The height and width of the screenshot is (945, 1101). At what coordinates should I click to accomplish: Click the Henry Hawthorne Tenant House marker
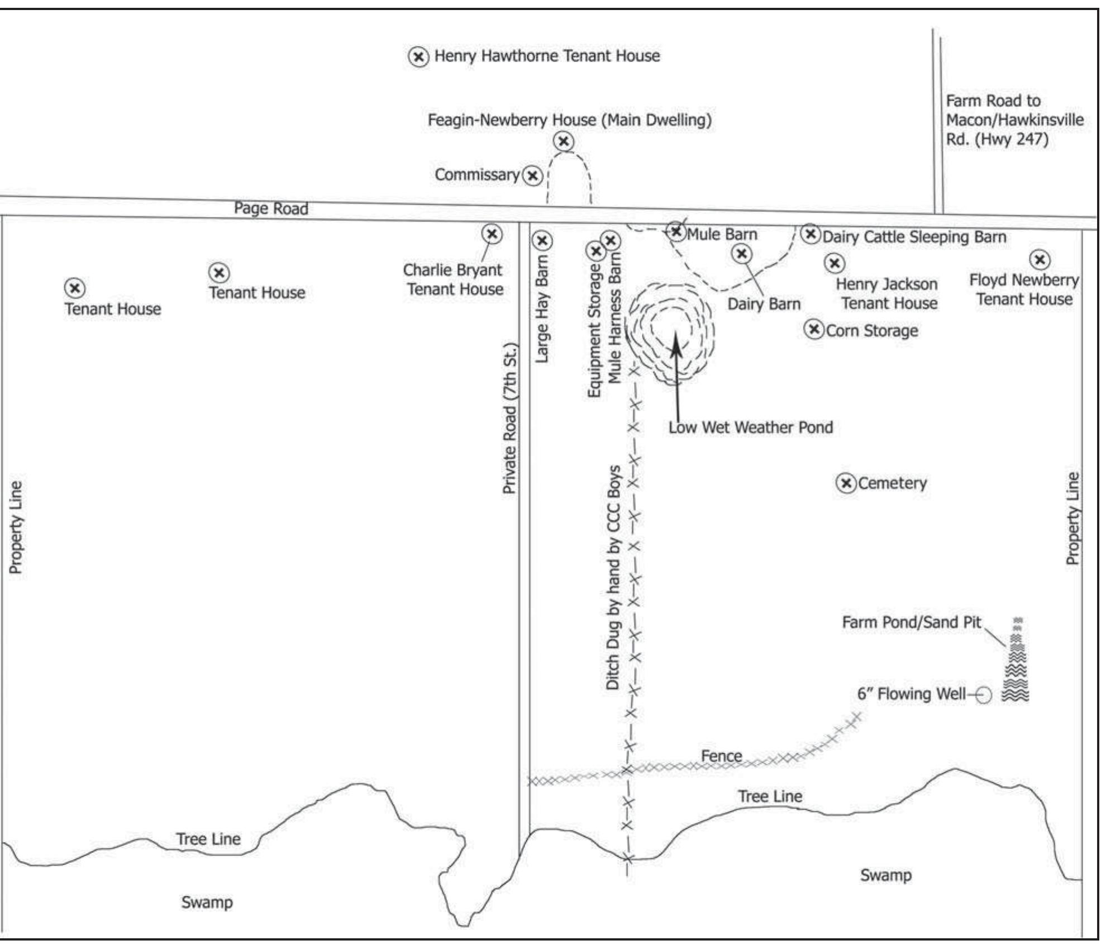click(418, 56)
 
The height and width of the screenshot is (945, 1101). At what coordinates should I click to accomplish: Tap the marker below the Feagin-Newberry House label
click(564, 141)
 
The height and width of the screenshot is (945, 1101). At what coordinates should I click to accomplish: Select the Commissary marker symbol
click(533, 176)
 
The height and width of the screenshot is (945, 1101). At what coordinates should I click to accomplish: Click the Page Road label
click(271, 208)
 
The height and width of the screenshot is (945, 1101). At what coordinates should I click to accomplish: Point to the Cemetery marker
click(846, 483)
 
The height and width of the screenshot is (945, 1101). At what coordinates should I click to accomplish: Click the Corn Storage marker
click(814, 330)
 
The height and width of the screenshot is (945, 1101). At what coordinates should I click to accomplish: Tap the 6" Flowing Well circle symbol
click(984, 695)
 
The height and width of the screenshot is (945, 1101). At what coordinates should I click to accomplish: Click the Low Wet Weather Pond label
click(751, 428)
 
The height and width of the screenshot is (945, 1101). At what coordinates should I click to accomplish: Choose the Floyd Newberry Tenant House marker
click(1040, 260)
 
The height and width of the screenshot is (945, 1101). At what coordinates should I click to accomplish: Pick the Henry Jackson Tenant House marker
click(835, 263)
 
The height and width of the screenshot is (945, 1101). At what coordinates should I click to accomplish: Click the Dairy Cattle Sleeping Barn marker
click(811, 233)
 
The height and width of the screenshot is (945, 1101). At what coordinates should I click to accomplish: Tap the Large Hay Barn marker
click(542, 241)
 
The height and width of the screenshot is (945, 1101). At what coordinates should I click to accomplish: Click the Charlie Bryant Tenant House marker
click(492, 234)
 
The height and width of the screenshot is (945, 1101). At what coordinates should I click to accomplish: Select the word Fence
click(722, 756)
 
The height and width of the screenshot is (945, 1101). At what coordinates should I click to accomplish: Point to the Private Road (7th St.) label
click(509, 418)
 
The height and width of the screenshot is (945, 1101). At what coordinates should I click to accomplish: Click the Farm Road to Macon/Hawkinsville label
click(1014, 120)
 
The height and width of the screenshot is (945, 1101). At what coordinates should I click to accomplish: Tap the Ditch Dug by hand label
click(613, 577)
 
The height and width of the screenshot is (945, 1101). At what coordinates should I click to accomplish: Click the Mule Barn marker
click(676, 231)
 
